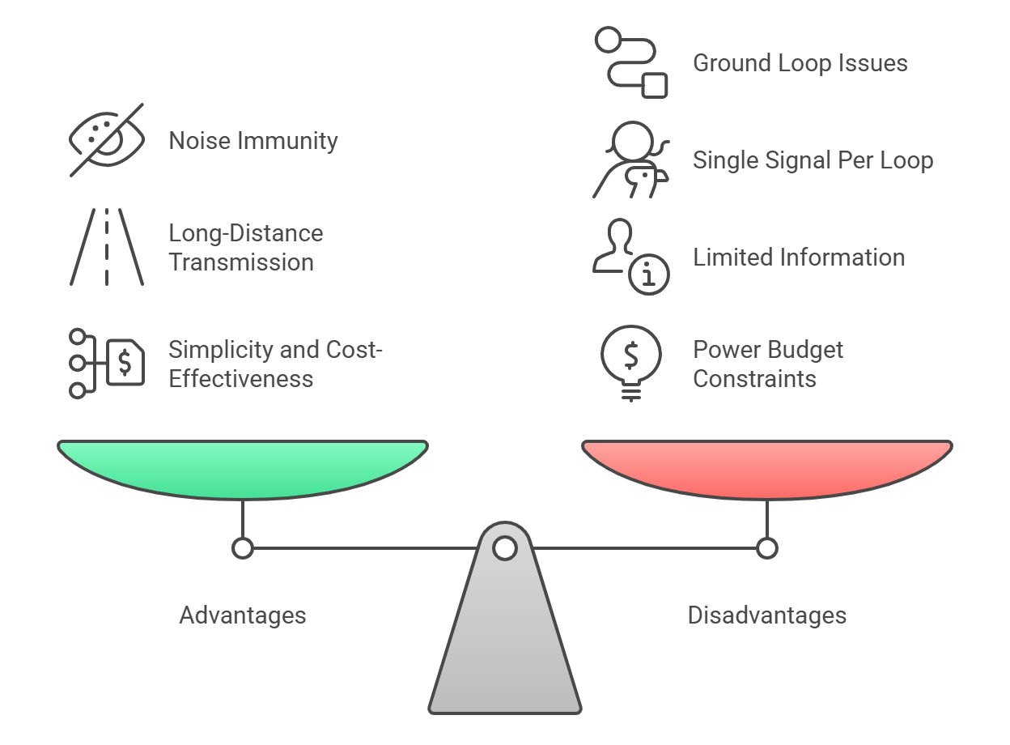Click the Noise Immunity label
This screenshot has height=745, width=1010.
(x=252, y=141)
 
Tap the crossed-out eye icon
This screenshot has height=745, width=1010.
(x=106, y=139)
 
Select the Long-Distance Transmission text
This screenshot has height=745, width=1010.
(x=245, y=248)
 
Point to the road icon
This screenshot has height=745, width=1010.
(x=107, y=247)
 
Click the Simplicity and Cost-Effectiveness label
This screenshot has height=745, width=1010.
(x=275, y=364)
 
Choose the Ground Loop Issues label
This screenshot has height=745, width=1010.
(x=800, y=63)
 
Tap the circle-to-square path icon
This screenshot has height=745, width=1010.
(x=631, y=62)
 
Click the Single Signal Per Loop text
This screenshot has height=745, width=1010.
(x=813, y=160)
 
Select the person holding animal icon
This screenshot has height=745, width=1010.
(x=631, y=160)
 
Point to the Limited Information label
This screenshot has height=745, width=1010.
(x=798, y=258)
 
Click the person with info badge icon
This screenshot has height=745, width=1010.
(x=631, y=258)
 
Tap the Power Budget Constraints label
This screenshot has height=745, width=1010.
(x=767, y=364)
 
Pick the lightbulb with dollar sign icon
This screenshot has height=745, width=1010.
(x=631, y=363)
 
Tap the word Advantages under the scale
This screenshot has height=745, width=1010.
(x=243, y=615)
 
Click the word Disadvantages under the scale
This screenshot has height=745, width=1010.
(x=767, y=615)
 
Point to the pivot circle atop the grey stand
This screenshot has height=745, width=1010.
(x=505, y=548)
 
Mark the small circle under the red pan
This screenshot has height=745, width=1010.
(x=767, y=548)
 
